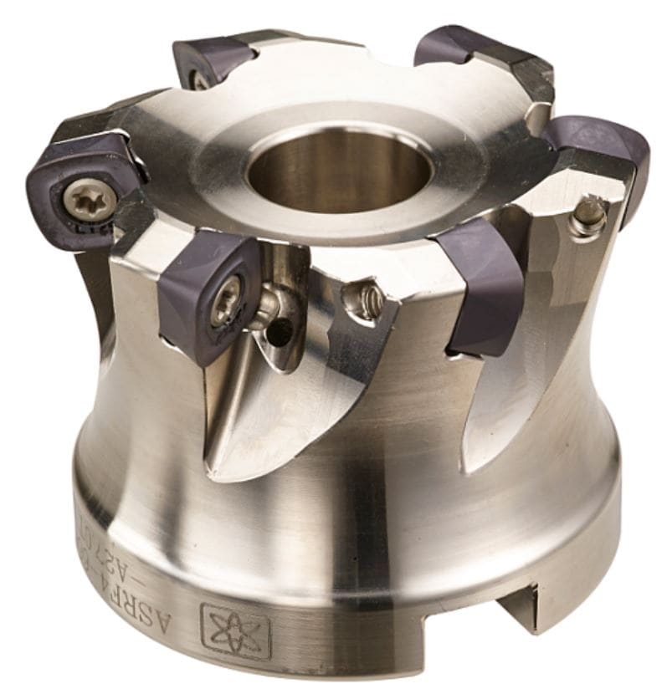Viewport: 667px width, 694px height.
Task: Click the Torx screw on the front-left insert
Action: (x=225, y=305)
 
